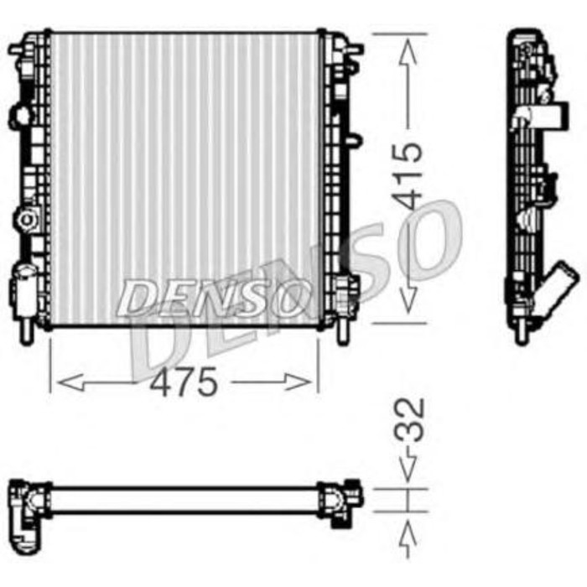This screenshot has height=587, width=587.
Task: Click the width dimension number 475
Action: point(184,383)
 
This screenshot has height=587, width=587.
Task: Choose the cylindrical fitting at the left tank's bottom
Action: point(23,289)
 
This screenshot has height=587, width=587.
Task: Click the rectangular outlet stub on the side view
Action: point(549,115)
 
